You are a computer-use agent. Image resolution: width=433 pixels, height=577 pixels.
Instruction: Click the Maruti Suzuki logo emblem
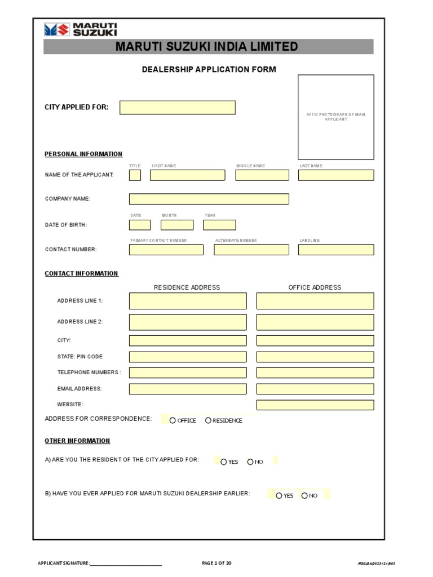[x=56, y=30]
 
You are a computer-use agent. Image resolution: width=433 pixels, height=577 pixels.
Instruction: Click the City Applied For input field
[x=177, y=108]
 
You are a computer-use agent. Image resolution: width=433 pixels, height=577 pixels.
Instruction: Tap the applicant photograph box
[x=335, y=117]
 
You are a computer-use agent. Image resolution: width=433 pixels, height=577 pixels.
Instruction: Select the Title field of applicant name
[x=135, y=175]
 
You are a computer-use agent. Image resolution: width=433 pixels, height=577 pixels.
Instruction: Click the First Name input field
[x=187, y=175]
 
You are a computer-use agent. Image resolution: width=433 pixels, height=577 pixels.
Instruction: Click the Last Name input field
[x=335, y=175]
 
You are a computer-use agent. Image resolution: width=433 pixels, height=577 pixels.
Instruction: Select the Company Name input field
[x=209, y=199]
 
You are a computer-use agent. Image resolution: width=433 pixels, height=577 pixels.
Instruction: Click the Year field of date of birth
[x=219, y=225]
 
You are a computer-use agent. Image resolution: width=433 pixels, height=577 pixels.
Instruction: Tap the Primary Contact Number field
[x=166, y=250]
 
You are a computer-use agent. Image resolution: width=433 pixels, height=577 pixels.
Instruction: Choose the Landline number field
[x=335, y=250]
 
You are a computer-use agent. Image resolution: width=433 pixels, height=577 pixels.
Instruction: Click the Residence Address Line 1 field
[x=188, y=301]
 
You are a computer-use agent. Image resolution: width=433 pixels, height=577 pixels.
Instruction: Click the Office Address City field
[x=315, y=341]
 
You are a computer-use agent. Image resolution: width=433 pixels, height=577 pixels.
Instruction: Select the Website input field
[x=315, y=405]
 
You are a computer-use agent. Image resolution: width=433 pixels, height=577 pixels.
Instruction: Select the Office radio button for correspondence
[x=173, y=420]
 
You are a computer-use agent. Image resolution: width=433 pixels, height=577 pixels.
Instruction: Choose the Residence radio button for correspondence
[x=208, y=420]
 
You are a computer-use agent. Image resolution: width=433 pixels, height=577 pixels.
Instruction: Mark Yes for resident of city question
[x=224, y=462]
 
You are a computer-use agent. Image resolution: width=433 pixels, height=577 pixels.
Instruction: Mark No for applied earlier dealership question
[x=304, y=496]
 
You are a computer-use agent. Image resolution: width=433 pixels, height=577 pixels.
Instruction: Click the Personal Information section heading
[x=83, y=154]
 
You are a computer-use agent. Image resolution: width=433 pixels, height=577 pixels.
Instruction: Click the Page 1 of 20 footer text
[x=216, y=563]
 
